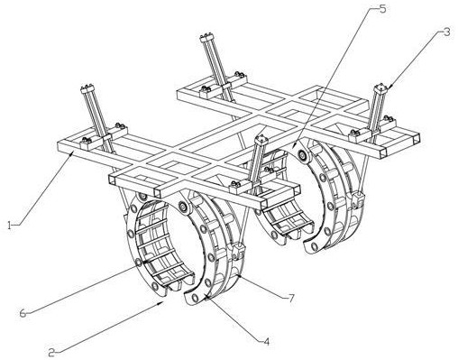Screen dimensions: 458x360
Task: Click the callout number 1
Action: [10, 225]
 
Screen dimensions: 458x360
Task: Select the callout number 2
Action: [51, 352]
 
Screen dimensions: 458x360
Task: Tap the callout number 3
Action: [447, 32]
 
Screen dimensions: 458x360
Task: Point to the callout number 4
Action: [266, 341]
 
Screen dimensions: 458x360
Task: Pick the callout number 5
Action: [382, 9]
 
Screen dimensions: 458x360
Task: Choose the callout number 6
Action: [23, 313]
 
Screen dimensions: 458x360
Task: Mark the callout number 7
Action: [291, 298]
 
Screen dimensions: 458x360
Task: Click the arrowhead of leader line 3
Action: [388, 87]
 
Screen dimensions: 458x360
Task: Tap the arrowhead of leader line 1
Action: [72, 153]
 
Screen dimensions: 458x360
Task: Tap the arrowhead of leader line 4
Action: [206, 297]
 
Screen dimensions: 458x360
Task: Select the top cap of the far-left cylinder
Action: [87, 88]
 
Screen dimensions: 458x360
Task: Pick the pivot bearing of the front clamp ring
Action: [183, 208]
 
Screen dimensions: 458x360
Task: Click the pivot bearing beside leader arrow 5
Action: [302, 155]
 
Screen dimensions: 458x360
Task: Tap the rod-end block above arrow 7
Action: [239, 250]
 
